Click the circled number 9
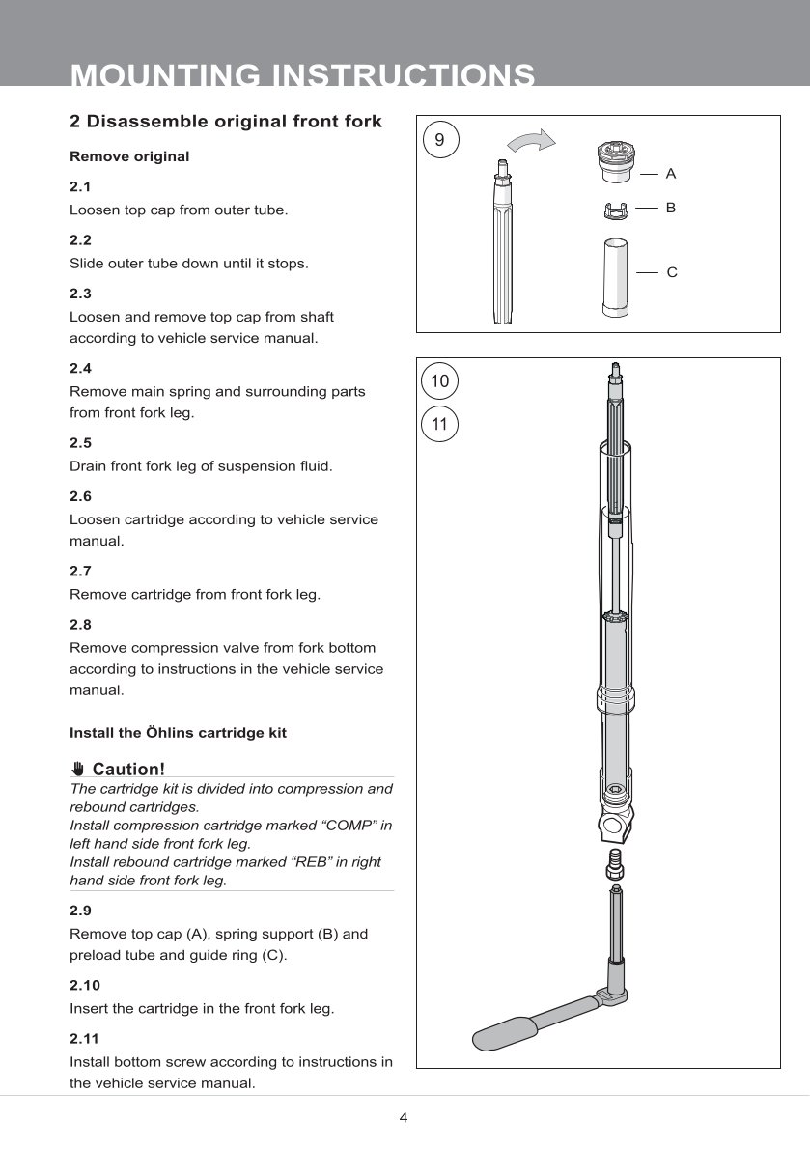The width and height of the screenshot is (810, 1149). tap(440, 140)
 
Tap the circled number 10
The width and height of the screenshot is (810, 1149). tap(440, 381)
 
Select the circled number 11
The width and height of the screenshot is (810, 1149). tap(440, 424)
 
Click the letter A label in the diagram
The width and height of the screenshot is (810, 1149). tap(671, 174)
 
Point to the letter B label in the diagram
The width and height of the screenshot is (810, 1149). tap(671, 208)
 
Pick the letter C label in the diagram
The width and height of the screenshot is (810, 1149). tap(672, 273)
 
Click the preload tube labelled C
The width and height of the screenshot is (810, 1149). tap(614, 276)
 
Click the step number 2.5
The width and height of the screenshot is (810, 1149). tap(80, 443)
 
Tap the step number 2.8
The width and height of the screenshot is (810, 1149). tap(80, 625)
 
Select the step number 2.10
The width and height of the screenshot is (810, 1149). tap(84, 986)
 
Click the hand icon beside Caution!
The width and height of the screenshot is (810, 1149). tap(78, 770)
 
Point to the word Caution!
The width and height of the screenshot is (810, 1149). tap(128, 770)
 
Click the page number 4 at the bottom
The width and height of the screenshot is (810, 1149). tap(404, 1118)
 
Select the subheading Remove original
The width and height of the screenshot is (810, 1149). tap(129, 156)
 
